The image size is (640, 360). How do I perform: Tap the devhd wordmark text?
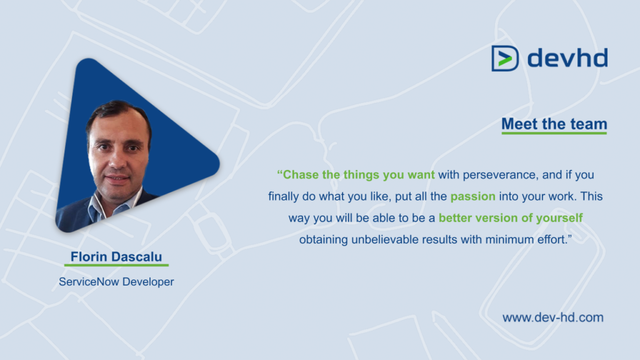click(x=567, y=58)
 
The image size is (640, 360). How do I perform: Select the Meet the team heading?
click(x=554, y=124)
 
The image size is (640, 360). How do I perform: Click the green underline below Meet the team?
click(x=554, y=133)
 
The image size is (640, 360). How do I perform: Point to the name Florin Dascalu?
click(x=117, y=257)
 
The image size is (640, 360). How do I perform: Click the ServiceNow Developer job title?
click(x=116, y=282)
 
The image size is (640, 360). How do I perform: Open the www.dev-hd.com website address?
click(x=553, y=317)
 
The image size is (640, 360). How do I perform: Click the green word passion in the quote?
click(x=472, y=196)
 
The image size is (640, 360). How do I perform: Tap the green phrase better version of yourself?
click(x=511, y=218)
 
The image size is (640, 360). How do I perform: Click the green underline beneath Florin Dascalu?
click(x=117, y=266)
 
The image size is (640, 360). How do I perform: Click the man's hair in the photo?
click(x=119, y=111)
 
